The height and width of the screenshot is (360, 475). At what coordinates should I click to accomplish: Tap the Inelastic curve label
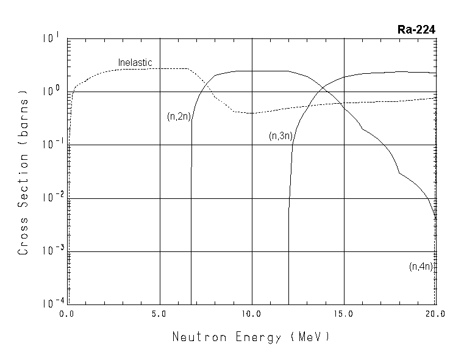[x=135, y=62]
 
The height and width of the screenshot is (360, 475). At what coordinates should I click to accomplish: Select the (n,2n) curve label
[x=179, y=117]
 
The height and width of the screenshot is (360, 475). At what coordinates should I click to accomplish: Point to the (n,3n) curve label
[x=280, y=136]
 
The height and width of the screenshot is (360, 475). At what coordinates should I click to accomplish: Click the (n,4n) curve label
[x=421, y=266]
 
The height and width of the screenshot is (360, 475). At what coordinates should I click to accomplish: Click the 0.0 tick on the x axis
[x=66, y=314]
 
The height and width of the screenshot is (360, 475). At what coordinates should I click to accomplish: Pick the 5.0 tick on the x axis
[x=160, y=314]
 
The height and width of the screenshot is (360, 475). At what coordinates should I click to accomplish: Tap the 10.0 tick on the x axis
[x=252, y=314]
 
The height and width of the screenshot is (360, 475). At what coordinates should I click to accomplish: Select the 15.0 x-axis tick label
[x=344, y=314]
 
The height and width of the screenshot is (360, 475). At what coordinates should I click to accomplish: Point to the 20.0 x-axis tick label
[x=435, y=314]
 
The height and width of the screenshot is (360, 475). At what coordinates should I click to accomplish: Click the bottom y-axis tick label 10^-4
[x=51, y=303]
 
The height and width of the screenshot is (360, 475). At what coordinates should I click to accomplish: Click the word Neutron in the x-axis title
[x=196, y=337]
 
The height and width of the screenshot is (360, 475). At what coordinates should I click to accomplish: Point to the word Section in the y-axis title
[x=24, y=180]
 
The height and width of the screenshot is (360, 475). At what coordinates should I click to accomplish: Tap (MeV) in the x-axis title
[x=310, y=337]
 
